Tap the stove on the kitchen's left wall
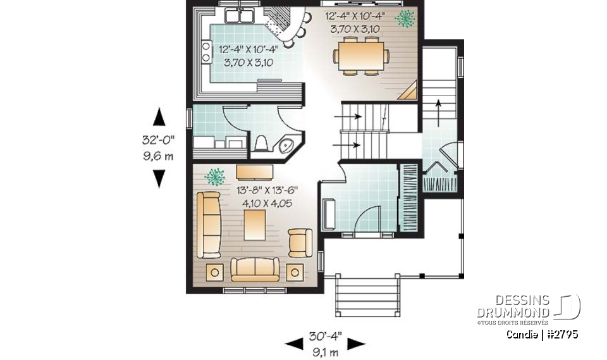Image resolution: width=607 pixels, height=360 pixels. [x=206, y=51]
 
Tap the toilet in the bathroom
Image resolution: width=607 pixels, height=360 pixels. [x=261, y=144]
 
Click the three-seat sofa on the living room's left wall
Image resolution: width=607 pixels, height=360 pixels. [x=209, y=225]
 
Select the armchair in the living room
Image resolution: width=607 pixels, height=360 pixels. [x=299, y=242]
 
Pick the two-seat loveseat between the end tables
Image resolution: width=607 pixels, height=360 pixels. [x=255, y=269]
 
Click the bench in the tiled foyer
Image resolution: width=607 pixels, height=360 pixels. [x=328, y=215]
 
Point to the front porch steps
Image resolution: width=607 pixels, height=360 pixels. [x=367, y=297]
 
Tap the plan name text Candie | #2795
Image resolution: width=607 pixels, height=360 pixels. [x=541, y=334]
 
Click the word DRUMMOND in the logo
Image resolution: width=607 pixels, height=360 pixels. [x=513, y=312]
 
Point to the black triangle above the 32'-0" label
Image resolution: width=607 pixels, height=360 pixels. [x=159, y=117]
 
